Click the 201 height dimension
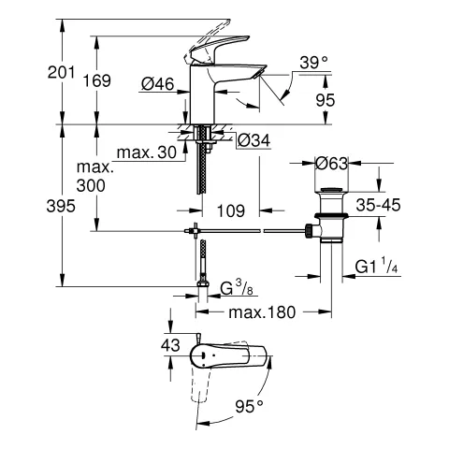[x=61, y=72]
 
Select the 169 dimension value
[x=97, y=80]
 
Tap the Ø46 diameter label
[x=158, y=83]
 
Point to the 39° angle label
[x=313, y=63]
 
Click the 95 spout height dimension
[x=326, y=100]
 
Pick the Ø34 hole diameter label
[x=253, y=140]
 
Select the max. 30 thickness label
[x=147, y=152]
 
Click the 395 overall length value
[x=61, y=206]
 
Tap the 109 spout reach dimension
[x=231, y=211]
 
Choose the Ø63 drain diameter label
[x=331, y=163]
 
